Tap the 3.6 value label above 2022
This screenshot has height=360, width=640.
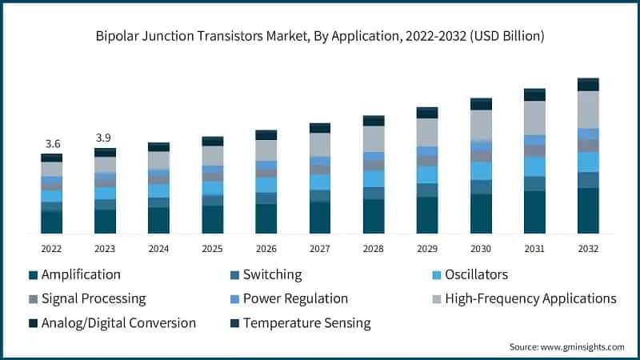53,144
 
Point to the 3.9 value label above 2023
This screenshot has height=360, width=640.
104,138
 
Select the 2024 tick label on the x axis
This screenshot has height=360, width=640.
158,249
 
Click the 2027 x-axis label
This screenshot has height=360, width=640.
320,249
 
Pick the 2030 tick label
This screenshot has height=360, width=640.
481,249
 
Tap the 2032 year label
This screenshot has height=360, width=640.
588,249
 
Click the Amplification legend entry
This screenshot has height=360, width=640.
80,274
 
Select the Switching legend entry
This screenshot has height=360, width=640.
272,274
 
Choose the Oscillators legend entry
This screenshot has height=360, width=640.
476,274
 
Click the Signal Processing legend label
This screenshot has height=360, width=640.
93,298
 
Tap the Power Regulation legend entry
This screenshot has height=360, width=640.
295,298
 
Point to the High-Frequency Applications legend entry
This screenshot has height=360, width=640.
530,298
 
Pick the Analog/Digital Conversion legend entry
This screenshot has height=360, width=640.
118,323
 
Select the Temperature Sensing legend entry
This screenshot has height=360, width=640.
306,323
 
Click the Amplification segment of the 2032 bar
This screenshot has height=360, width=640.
588,210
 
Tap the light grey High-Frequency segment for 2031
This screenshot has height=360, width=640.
534,118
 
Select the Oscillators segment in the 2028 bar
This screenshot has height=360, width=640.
374,178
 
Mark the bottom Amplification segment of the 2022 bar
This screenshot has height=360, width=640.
52,222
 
